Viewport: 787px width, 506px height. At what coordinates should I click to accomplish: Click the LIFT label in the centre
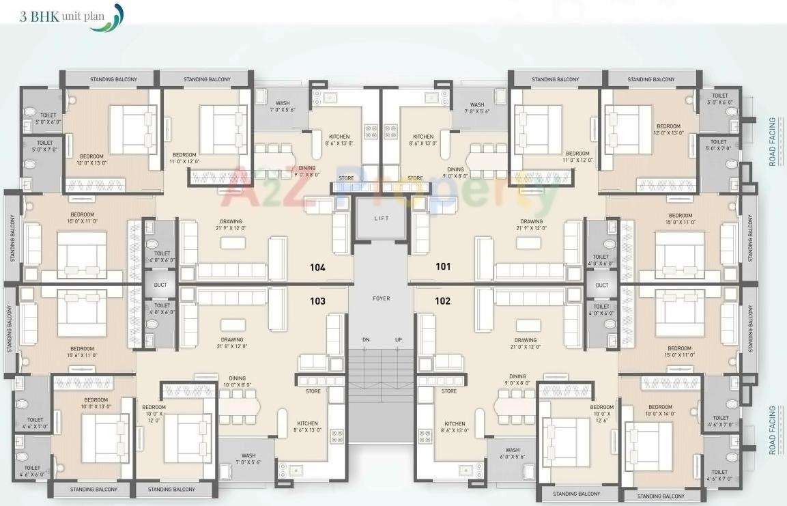(x=381, y=218)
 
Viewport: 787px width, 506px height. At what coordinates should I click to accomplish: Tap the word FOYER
(x=381, y=298)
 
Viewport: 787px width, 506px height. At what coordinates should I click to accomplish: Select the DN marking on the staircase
(x=365, y=340)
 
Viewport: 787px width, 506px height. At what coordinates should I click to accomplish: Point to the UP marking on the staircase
(x=398, y=340)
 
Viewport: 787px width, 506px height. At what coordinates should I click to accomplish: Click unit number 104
(x=317, y=268)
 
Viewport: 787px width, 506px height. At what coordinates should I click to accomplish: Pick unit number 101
(x=443, y=267)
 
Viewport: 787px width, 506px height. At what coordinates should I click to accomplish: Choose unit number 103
(x=317, y=301)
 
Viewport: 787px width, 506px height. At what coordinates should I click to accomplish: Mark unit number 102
(x=442, y=301)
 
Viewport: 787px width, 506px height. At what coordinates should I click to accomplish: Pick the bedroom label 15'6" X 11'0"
(x=82, y=352)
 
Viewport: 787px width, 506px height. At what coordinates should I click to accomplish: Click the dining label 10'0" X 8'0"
(x=237, y=381)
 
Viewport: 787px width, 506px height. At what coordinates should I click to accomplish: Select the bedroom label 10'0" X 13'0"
(x=96, y=403)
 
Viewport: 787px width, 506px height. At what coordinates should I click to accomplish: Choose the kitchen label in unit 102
(x=454, y=427)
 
